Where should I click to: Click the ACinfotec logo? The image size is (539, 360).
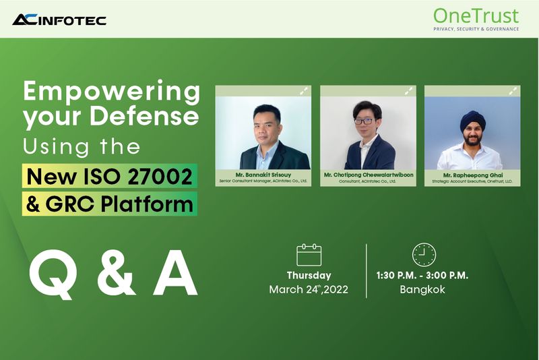coord(59,20)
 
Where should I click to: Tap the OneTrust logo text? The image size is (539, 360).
coord(476,14)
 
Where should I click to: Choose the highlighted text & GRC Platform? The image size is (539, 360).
coord(109,203)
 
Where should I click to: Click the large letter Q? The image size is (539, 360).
coord(53,276)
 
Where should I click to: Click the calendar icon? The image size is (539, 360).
coord(309,255)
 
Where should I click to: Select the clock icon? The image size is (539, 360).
coord(423,254)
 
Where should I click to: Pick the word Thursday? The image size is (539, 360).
coord(309,275)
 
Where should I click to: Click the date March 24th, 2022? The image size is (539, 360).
coord(309,290)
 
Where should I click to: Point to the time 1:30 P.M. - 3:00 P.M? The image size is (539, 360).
coord(423,275)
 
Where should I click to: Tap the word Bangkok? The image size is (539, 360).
coord(423,290)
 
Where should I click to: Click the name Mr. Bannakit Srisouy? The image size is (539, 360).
coord(263,174)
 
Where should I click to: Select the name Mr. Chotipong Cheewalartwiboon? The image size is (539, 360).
coord(368,174)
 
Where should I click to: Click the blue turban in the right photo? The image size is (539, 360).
coord(470,116)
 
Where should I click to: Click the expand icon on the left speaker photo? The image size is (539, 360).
coord(304,90)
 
